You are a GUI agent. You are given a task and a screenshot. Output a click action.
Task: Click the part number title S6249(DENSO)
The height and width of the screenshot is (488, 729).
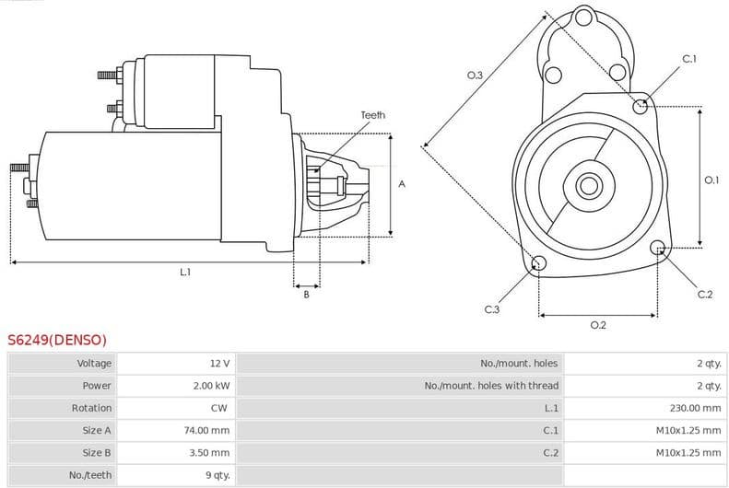coord(57,340)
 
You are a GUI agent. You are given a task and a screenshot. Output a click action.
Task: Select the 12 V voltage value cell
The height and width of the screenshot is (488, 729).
coord(219,364)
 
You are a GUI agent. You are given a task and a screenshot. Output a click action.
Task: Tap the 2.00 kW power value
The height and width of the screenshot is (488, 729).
coord(211,386)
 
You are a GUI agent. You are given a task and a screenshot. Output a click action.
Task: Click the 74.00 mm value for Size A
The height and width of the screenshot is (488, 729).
coord(207,430)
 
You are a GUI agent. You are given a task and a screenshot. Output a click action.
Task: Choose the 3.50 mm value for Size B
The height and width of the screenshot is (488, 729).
coord(210,452)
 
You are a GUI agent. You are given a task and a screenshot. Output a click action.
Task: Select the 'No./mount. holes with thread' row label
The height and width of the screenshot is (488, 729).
coord(491,386)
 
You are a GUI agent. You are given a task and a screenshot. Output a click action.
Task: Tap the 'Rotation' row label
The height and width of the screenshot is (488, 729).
coord(91,408)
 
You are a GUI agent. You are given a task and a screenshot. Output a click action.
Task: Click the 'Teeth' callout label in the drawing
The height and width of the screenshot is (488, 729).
coord(372,115)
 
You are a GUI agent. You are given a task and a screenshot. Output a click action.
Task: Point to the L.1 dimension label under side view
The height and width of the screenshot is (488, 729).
coord(185,272)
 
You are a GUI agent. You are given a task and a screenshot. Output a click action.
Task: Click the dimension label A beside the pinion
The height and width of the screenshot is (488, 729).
coord(401,184)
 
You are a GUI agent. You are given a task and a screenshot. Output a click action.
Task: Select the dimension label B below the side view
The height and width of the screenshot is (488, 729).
coord(306,294)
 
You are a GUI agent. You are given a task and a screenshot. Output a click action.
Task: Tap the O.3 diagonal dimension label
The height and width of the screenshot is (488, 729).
coord(475,76)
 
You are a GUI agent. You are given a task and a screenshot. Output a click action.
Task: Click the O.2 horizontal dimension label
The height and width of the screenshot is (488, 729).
coord(597,325)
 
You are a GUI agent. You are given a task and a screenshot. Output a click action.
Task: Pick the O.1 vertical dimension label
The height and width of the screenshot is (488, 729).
coord(711,180)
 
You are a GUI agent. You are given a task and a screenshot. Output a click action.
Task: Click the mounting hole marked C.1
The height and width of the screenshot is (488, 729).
coord(641,106)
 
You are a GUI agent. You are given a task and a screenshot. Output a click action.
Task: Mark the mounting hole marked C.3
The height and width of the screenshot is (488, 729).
coord(539,265)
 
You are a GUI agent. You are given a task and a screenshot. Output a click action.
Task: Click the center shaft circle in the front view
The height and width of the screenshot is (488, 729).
coord(588,185)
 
